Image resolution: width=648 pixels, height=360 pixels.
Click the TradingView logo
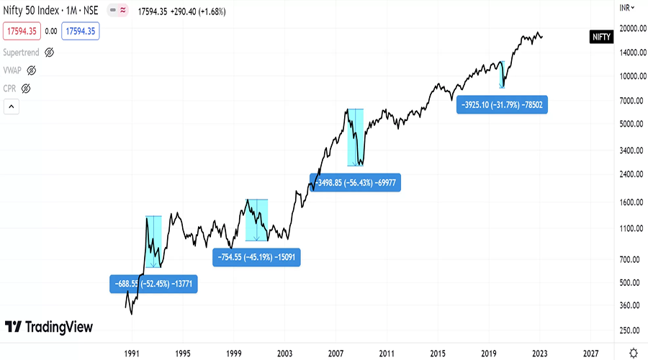point(49,326)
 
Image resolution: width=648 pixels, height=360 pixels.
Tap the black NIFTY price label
point(600,36)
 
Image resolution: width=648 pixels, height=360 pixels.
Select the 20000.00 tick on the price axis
point(622,28)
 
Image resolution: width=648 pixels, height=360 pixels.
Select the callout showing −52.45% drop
point(153,284)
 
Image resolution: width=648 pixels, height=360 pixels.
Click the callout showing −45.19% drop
point(256,258)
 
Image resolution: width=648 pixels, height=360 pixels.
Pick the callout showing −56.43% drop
point(354,182)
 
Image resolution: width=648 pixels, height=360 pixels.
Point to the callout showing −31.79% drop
point(503,104)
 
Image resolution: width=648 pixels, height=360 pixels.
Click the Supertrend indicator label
point(22,53)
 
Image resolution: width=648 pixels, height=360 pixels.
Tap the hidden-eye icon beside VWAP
point(31,71)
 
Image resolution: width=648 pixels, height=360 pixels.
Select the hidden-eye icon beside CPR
point(25,89)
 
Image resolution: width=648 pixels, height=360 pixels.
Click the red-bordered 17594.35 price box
point(22,31)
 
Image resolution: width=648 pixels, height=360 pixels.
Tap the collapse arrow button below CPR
point(11,107)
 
